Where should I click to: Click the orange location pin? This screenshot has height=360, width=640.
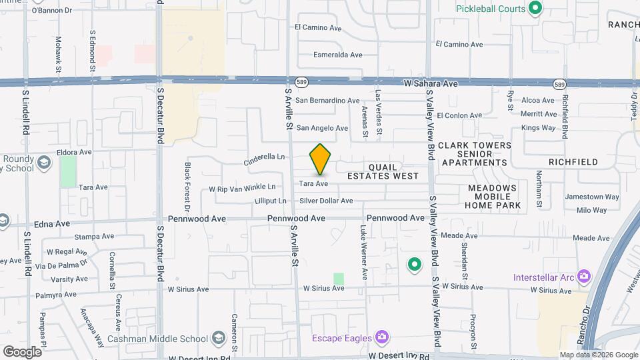[320, 159]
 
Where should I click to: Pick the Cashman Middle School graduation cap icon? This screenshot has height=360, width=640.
[217, 338]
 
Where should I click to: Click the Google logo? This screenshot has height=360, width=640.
[21, 351]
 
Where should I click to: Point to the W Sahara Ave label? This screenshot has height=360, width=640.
[431, 84]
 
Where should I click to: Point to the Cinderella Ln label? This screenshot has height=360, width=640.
[264, 157]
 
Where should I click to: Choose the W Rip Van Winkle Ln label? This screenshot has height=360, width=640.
[241, 188]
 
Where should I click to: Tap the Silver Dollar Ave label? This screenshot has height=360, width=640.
[326, 201]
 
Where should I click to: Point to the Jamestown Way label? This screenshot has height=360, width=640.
[583, 197]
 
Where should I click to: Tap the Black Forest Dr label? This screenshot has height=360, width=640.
[188, 187]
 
